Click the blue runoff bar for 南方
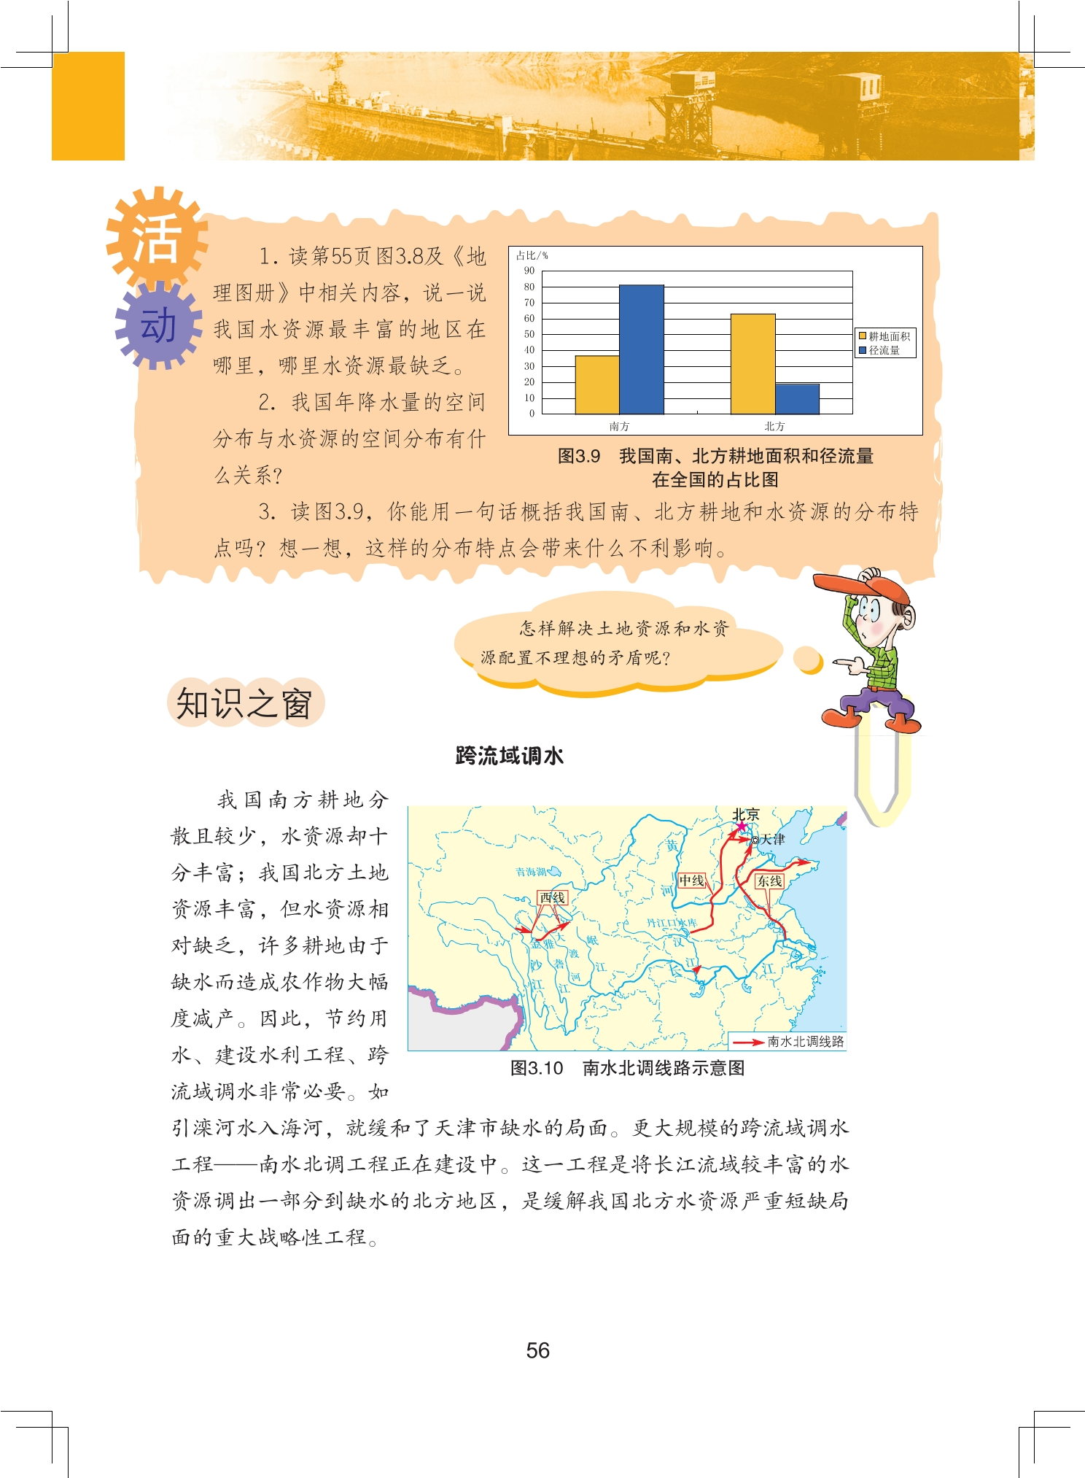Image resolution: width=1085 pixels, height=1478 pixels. (x=641, y=349)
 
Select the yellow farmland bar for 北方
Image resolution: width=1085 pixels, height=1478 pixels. (x=752, y=364)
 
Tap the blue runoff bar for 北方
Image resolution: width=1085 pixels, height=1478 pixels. (x=797, y=399)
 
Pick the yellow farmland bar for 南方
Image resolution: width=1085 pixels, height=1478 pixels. (x=597, y=384)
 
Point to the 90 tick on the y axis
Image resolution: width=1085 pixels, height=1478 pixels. (x=529, y=271)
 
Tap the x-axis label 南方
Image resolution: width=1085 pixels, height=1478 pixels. (x=619, y=426)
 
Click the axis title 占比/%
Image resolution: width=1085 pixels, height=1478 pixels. (x=532, y=255)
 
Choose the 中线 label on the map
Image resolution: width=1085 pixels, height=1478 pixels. (x=691, y=881)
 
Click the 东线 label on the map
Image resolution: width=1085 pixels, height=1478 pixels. (x=769, y=881)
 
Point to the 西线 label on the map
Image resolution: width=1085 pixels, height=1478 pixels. (x=552, y=897)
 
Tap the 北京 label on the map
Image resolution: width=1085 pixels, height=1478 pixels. (x=746, y=814)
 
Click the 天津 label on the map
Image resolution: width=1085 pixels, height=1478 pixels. (x=773, y=840)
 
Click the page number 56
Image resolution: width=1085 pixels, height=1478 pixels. (x=537, y=1350)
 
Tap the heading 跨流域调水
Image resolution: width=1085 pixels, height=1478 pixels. (x=509, y=756)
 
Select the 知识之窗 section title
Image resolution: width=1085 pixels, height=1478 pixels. (x=244, y=704)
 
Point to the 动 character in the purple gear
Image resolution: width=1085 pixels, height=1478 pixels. (x=158, y=325)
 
